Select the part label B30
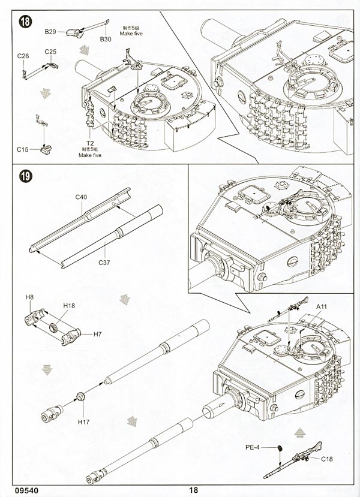point(106,39)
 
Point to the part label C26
point(23,56)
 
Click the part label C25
point(50,52)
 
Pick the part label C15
point(23,148)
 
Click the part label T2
point(91,143)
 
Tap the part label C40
point(82,197)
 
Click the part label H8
point(29,297)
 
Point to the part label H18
point(69,305)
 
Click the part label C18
point(327,459)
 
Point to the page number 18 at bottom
point(193,489)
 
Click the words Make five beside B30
point(130,34)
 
